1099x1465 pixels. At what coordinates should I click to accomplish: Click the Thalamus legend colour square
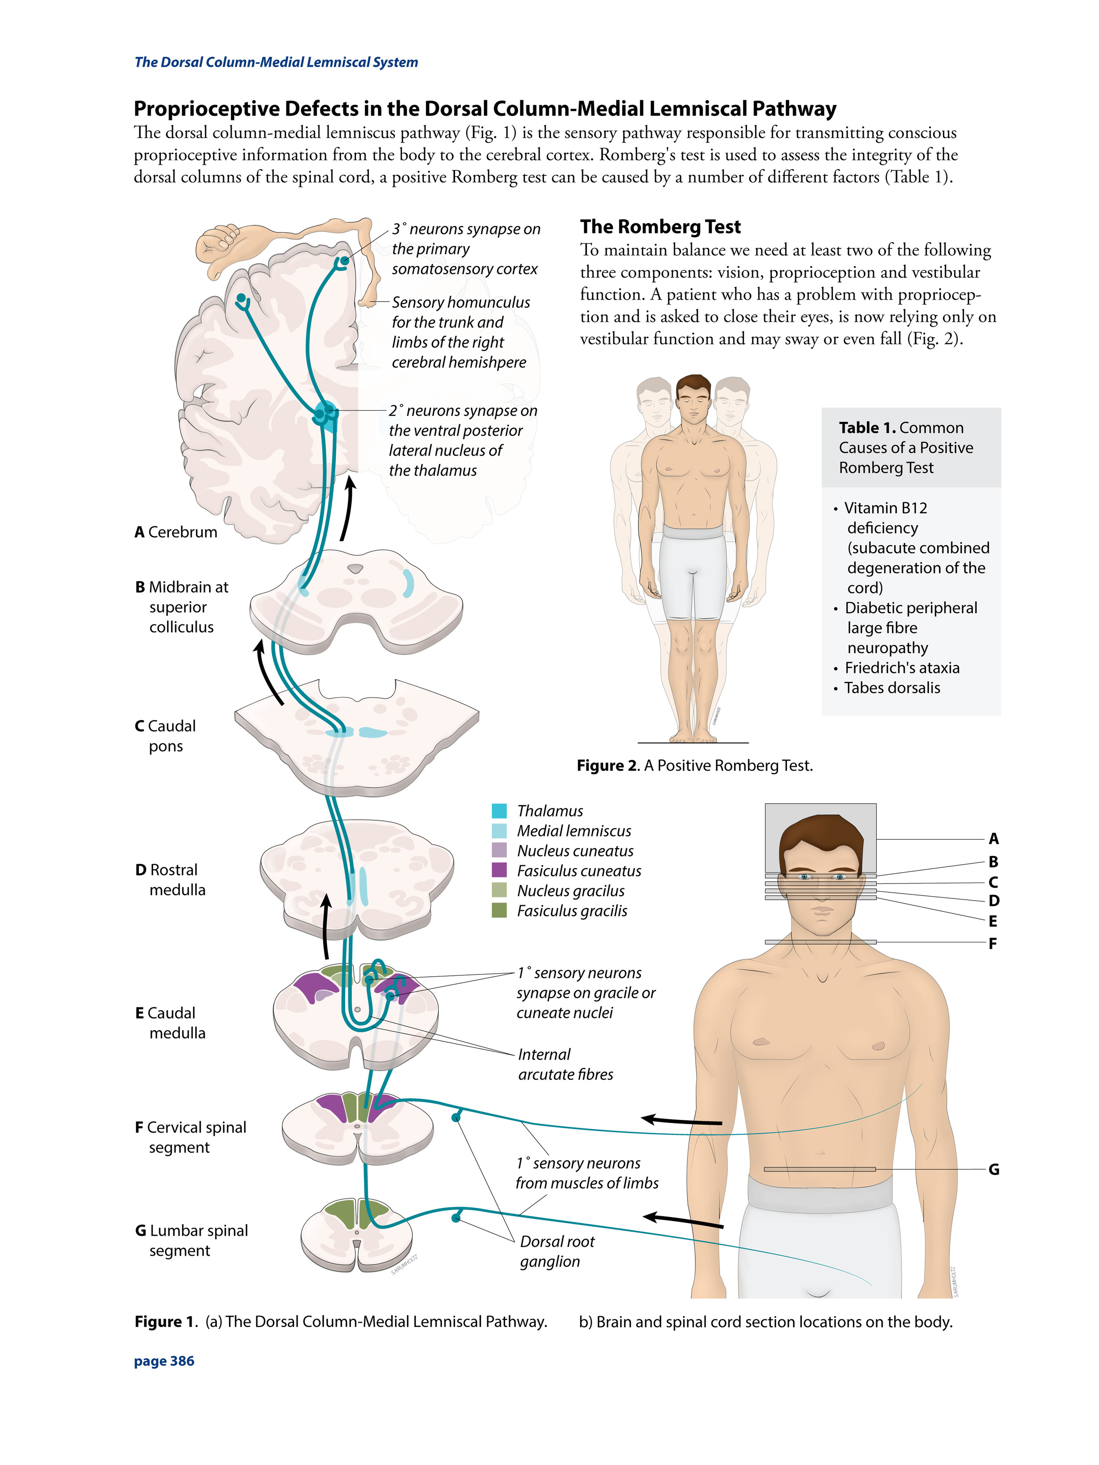[499, 811]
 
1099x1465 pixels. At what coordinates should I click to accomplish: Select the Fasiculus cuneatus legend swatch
[499, 870]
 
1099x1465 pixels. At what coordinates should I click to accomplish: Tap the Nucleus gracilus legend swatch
[499, 890]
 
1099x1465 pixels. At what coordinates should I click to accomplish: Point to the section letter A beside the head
[993, 839]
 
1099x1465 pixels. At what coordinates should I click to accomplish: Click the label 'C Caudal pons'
[166, 736]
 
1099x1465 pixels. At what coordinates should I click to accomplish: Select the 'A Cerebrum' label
[175, 532]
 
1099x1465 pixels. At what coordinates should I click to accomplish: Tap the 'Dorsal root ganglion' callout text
[557, 1251]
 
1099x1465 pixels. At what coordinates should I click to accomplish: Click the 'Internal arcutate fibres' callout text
[564, 1064]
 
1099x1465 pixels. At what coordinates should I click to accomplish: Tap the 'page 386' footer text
[164, 1361]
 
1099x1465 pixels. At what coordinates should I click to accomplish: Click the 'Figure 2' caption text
[694, 766]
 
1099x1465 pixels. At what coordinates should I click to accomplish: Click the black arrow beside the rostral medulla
[325, 926]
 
